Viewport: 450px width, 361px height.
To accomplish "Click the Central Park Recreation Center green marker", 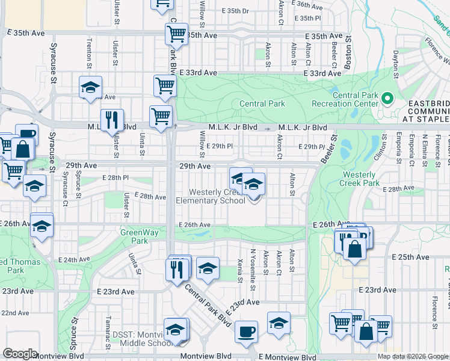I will [x=387, y=98].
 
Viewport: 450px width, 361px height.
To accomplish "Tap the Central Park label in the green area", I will [x=262, y=103].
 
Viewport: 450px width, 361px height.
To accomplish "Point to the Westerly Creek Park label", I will [x=360, y=178].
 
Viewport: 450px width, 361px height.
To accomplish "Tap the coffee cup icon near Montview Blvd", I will [x=245, y=332].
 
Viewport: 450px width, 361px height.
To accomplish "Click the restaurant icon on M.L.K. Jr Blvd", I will [x=111, y=120].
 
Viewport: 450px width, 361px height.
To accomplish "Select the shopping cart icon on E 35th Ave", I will [x=176, y=34].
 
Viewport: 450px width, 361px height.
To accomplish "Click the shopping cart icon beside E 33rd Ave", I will [x=164, y=85].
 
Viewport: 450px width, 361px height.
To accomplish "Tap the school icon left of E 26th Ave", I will [x=42, y=226].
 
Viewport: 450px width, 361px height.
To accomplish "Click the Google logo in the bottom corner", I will [x=20, y=354].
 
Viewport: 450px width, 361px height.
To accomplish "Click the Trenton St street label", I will [x=89, y=52].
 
